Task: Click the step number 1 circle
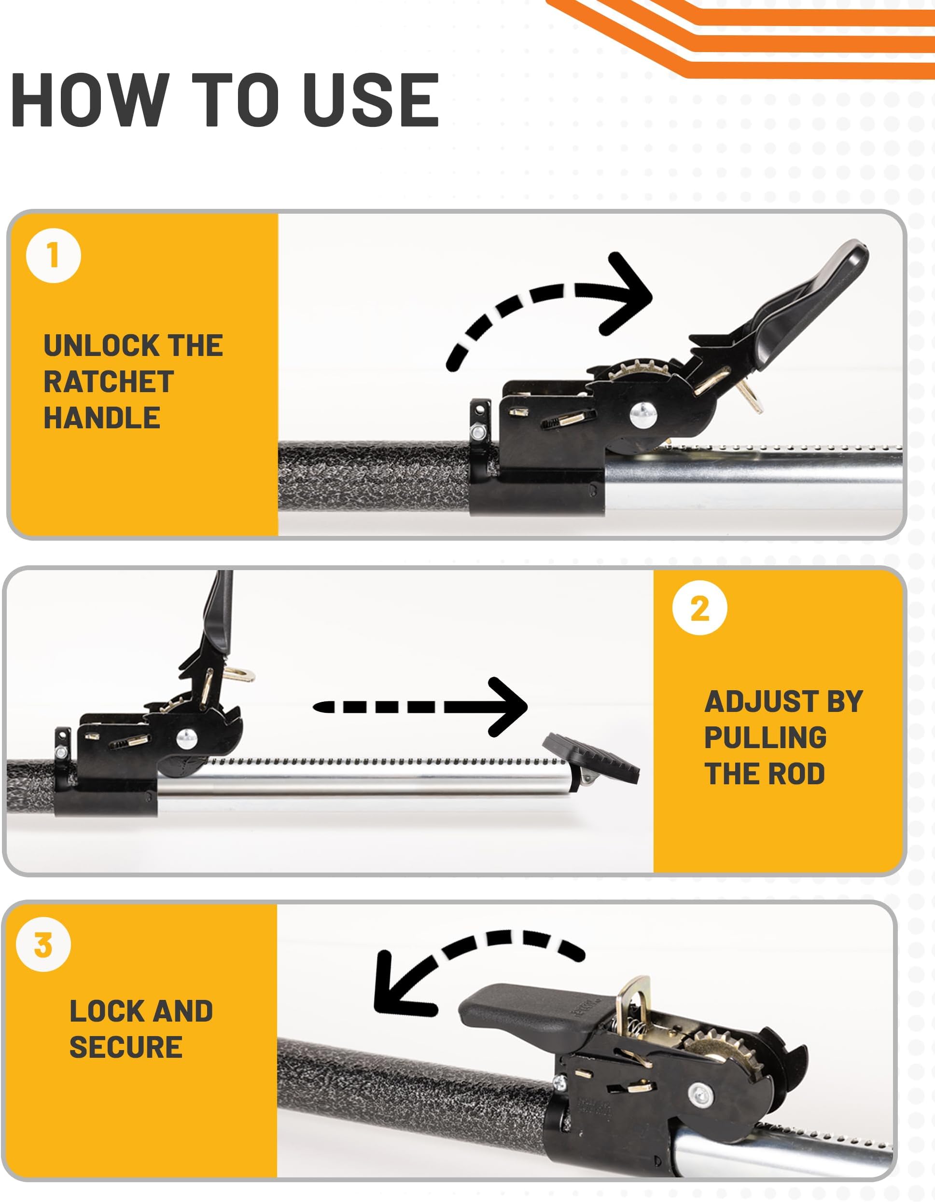(x=54, y=256)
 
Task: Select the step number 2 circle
(x=699, y=609)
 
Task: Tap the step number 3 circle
(x=43, y=944)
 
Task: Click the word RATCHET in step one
(x=109, y=382)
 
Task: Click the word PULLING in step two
(x=765, y=738)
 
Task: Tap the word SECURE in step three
(x=126, y=1047)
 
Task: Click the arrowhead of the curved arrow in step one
(x=633, y=296)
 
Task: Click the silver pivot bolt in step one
(x=642, y=414)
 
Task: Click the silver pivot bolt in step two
(x=186, y=738)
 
